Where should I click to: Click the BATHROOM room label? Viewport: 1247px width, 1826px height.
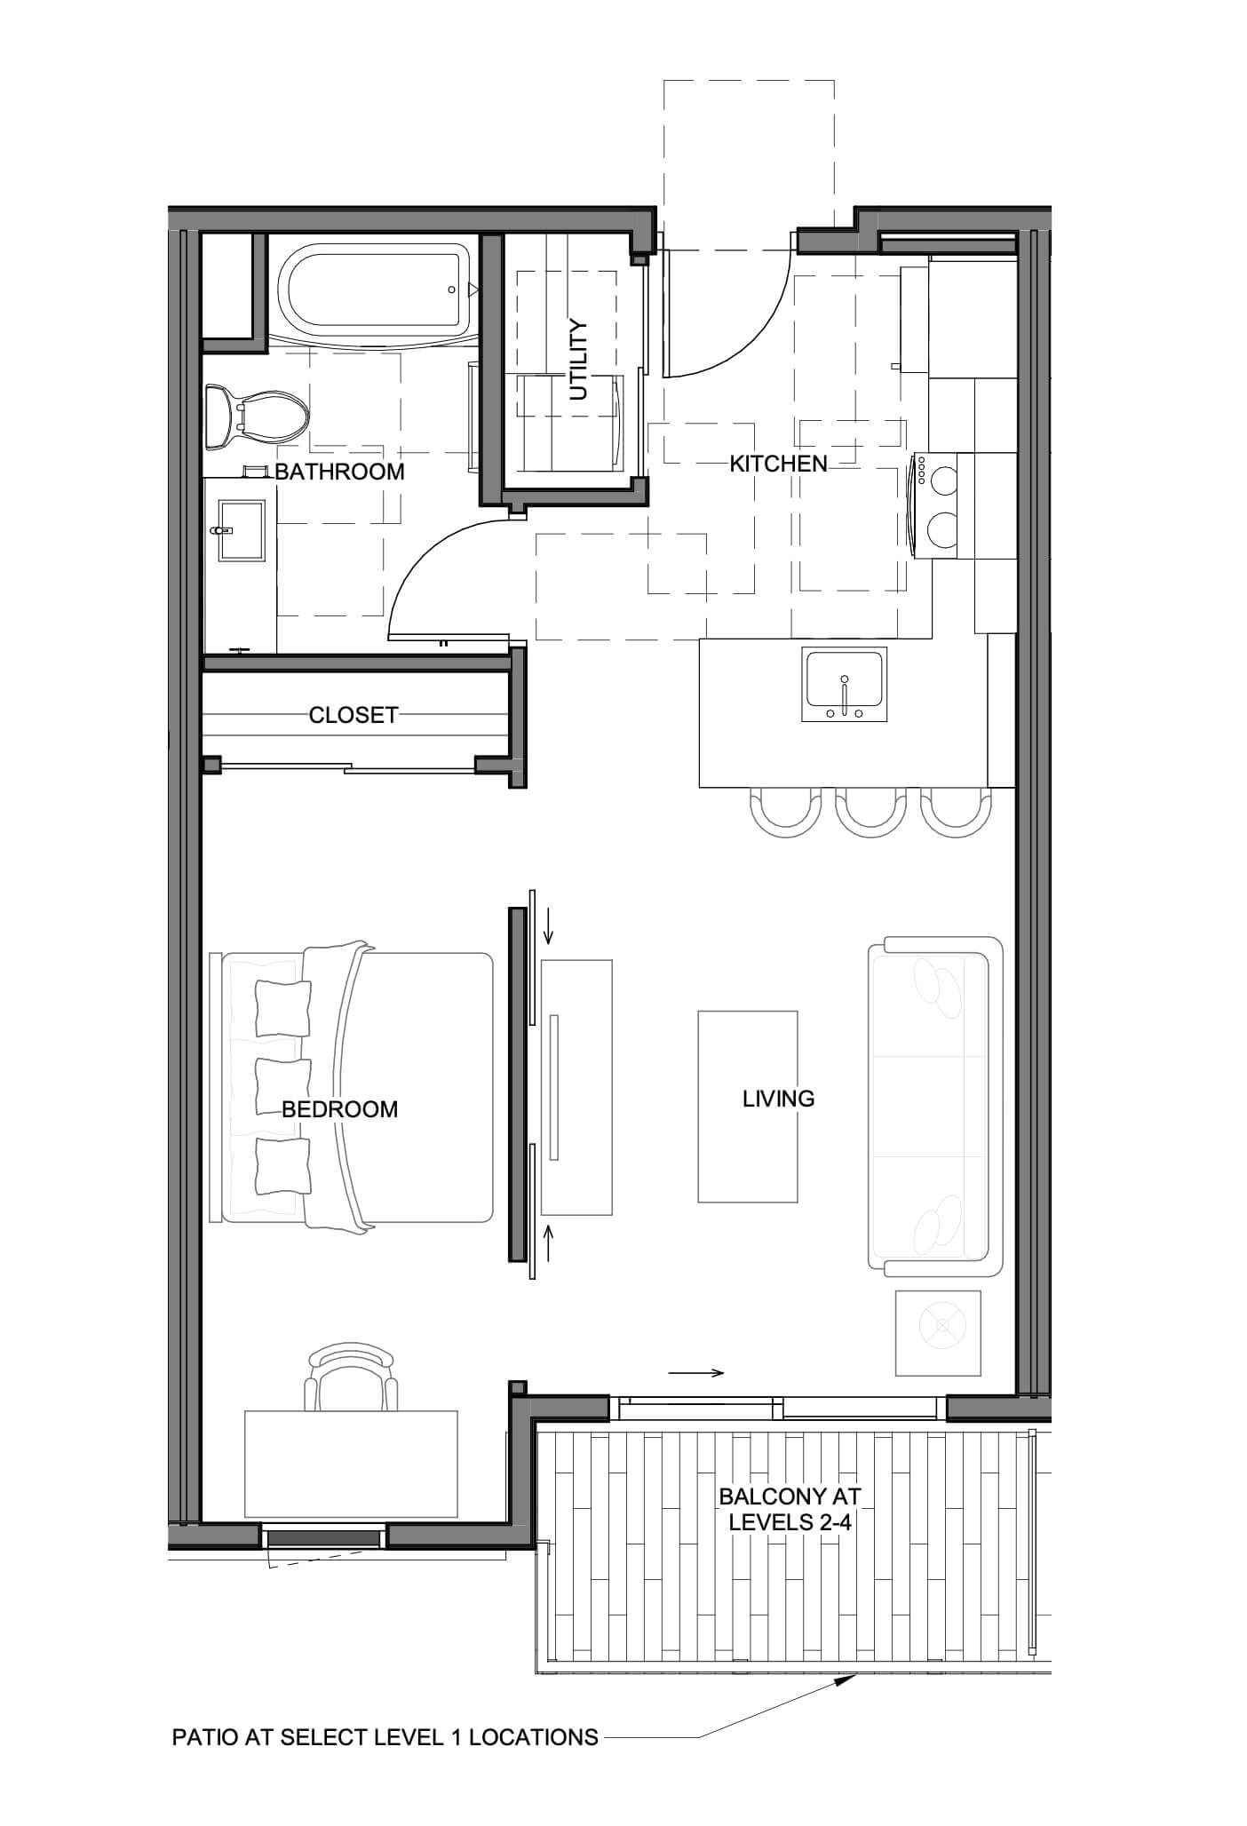[339, 472]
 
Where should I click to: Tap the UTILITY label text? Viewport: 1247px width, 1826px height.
[578, 360]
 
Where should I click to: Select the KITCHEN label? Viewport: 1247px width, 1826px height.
[778, 464]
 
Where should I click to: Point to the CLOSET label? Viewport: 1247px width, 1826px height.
[353, 715]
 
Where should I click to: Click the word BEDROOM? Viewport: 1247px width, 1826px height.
[340, 1109]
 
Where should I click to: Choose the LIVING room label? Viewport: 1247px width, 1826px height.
[779, 1099]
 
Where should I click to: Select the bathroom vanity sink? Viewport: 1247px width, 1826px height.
[241, 530]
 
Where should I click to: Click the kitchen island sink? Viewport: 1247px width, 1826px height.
[844, 684]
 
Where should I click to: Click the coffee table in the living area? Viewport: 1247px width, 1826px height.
[748, 1106]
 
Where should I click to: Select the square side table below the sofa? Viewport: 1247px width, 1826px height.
[938, 1333]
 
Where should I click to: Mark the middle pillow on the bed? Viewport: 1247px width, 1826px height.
[282, 1084]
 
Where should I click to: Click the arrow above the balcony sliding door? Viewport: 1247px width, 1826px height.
[696, 1373]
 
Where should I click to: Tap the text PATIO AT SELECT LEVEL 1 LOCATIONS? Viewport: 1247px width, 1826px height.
[385, 1737]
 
